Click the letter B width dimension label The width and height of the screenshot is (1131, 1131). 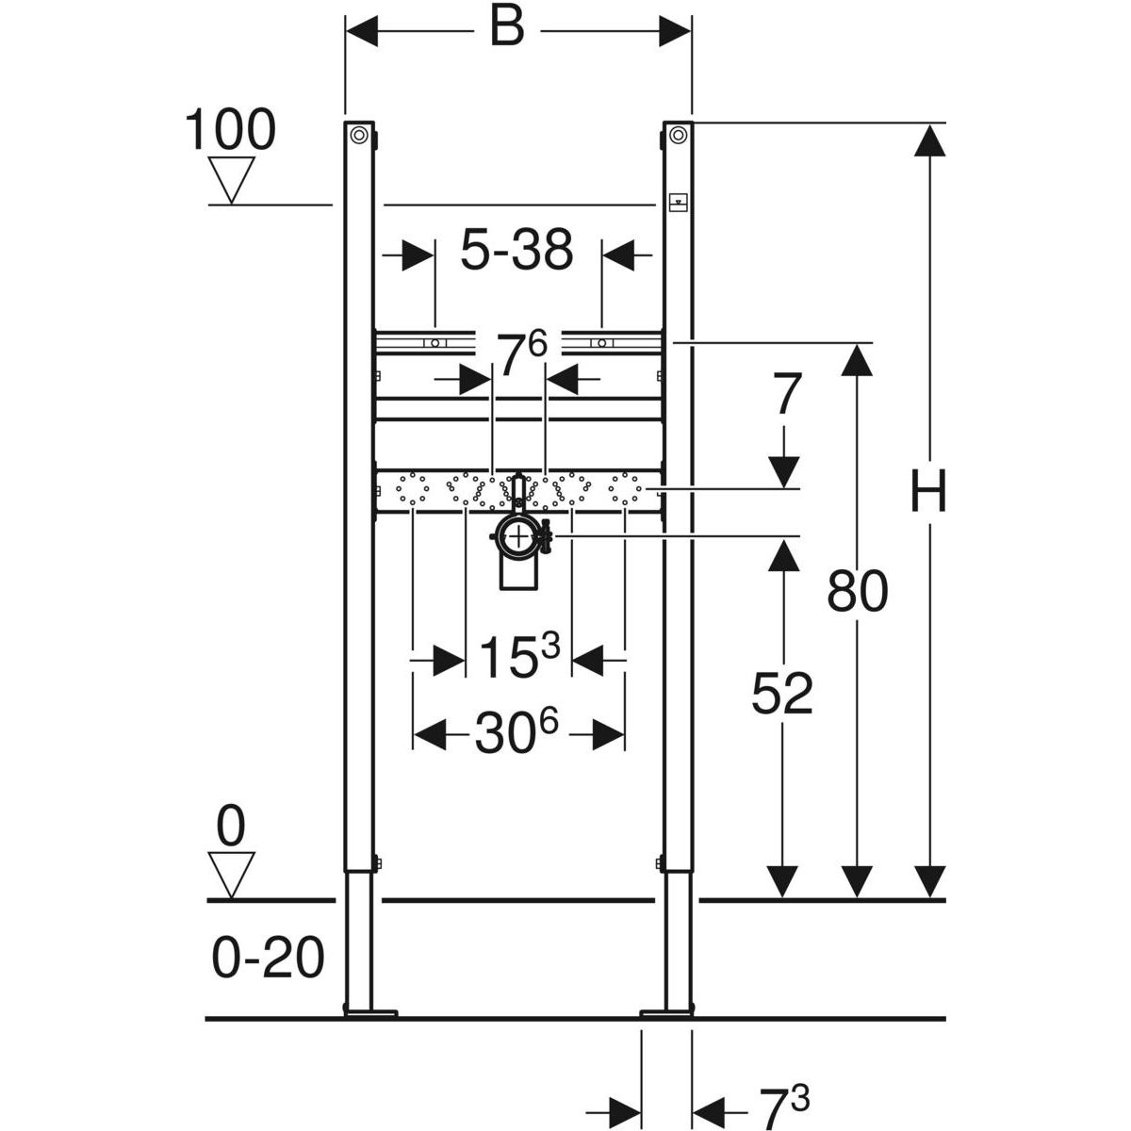tap(506, 28)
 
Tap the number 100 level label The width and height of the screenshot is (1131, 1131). tap(230, 130)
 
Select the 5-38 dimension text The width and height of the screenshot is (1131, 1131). tap(516, 251)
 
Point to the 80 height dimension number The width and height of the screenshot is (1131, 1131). tap(857, 593)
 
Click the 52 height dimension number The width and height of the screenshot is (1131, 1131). tap(781, 695)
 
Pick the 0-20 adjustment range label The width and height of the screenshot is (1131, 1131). tap(268, 959)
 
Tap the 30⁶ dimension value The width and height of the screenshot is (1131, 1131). tap(516, 733)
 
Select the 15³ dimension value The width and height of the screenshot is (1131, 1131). tap(519, 657)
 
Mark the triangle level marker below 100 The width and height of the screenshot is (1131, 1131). tap(230, 180)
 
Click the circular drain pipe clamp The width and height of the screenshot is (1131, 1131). tap(517, 538)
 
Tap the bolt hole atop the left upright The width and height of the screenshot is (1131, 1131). tap(359, 136)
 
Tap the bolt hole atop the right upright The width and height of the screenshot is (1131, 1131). tap(678, 136)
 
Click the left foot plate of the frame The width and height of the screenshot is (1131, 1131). tap(371, 1013)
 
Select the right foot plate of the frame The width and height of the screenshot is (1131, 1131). tap(667, 1013)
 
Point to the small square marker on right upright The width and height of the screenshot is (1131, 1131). tap(678, 201)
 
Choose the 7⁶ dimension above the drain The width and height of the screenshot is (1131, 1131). tap(521, 356)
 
